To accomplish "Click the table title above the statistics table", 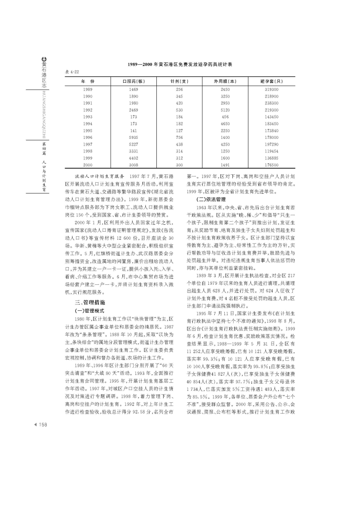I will coord(180,64).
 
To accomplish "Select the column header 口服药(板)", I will coord(134,81).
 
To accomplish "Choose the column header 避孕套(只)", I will coord(272,81).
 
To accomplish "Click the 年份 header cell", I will coord(88,81).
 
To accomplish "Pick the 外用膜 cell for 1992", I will coord(225,110).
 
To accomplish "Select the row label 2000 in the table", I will coord(88,164).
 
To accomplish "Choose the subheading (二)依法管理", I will coord(211,199).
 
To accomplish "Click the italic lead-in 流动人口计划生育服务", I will coord(100,176).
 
